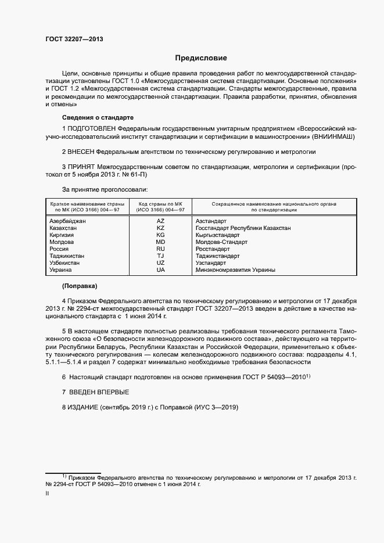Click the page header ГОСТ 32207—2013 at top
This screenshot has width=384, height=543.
(74, 39)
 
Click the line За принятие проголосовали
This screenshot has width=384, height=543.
(105, 189)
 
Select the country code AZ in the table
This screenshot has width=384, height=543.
(161, 221)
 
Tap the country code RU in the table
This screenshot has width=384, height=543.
(161, 249)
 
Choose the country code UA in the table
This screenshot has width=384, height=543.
(161, 270)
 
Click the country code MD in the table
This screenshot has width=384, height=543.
(161, 242)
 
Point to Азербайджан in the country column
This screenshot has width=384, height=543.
(68, 221)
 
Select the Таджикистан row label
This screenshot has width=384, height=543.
(67, 256)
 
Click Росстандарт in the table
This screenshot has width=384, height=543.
(213, 249)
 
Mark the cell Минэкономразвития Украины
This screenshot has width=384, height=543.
(235, 270)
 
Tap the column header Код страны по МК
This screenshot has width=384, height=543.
(160, 204)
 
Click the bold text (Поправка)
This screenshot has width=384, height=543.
(80, 286)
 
